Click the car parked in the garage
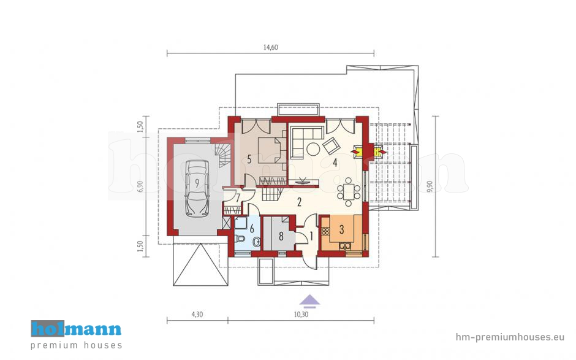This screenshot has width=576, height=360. pos(197,188)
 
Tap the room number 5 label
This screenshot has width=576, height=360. pos(249,159)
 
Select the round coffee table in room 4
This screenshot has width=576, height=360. pos(313,149)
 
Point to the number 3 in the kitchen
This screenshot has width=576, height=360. pos(341,229)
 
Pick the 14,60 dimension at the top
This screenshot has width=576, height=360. pos(271,47)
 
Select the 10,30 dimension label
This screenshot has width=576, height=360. pos(301,315)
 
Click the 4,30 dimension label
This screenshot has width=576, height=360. pos(197,315)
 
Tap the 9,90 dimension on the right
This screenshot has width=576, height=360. pos(430,186)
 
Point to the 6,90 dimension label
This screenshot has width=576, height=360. pos(140,186)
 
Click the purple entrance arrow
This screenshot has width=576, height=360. pos(309,301)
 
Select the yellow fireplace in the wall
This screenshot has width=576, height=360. pos(367,151)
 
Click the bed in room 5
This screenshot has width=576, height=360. pos(270,150)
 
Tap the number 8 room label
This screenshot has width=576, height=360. pos(281,236)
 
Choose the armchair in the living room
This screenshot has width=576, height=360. pos(332,145)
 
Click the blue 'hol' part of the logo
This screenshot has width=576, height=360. pos(48,329)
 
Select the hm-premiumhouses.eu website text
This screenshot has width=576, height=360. pos(510,337)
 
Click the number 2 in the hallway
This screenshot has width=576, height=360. pos(300,202)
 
